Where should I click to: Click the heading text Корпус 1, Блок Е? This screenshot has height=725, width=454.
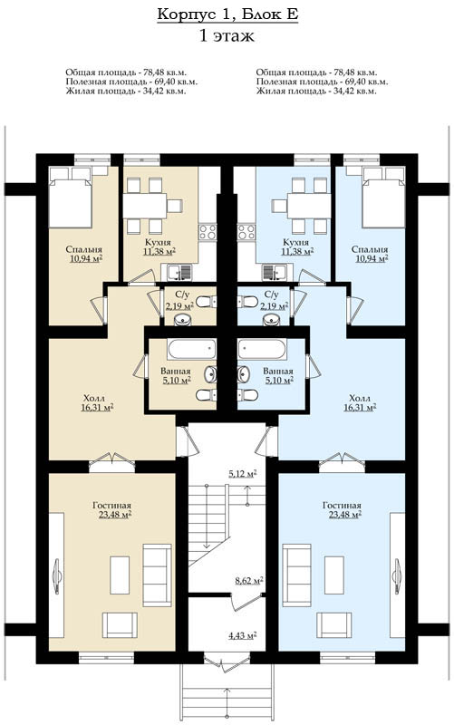click(227, 14)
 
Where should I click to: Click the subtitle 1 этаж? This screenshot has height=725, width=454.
click(227, 35)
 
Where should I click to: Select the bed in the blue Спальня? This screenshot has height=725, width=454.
click(384, 197)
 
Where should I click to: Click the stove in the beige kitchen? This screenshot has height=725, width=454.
click(208, 232)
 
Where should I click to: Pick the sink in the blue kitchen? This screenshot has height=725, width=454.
click(274, 272)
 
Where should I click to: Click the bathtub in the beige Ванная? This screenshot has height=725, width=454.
click(192, 349)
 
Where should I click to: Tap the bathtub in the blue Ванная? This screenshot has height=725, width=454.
click(261, 349)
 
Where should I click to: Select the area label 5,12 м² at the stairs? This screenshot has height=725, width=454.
click(242, 474)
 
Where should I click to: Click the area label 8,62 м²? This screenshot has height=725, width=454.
click(249, 581)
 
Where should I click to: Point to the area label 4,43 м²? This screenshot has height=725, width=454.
click(243, 635)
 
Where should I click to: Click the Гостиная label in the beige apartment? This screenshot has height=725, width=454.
click(111, 506)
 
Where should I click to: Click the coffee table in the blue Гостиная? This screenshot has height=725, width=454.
click(333, 575)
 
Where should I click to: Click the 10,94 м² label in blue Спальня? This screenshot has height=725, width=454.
click(372, 259)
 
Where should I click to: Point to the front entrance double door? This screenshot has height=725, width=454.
click(227, 662)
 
